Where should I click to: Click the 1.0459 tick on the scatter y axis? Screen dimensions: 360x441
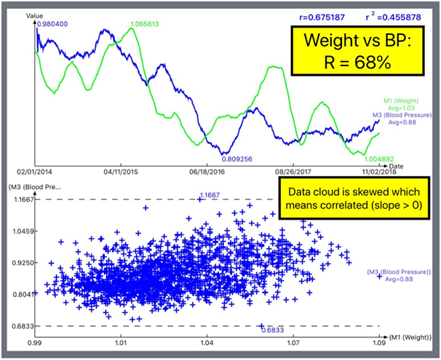pyautogui.click(x=17, y=231)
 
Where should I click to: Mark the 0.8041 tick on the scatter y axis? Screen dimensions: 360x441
pyautogui.click(x=17, y=295)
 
